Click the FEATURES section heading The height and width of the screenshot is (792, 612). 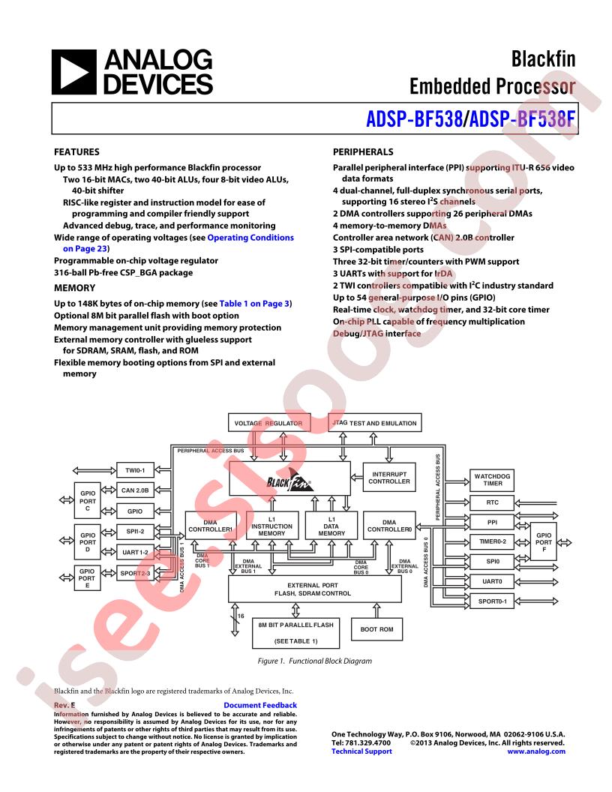[x=78, y=151]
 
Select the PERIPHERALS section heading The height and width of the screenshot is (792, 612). [x=363, y=151]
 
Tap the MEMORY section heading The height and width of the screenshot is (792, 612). [x=75, y=288]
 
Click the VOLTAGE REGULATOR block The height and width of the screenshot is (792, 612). [x=268, y=424]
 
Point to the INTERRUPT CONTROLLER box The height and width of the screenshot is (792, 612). [x=389, y=478]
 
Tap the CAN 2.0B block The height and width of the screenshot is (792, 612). [x=135, y=490]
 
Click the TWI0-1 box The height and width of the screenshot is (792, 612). [x=135, y=471]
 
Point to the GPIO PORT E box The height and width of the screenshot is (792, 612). [x=87, y=579]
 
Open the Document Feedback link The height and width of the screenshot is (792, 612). [x=260, y=705]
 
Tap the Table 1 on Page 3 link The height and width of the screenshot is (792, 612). [x=254, y=303]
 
